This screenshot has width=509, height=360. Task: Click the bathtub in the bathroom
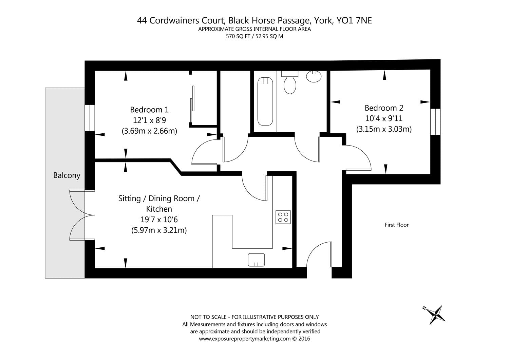tap(265, 101)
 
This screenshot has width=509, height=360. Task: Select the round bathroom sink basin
tap(314, 76)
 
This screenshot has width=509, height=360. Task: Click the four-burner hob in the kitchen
tap(283, 217)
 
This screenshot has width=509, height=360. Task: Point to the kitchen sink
tap(256, 260)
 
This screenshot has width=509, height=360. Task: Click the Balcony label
tap(67, 175)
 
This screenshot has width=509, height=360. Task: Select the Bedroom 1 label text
tap(149, 110)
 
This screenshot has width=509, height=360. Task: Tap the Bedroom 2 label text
tap(384, 108)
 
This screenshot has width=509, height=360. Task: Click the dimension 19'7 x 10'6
tap(159, 220)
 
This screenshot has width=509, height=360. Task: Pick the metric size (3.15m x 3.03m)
tap(384, 129)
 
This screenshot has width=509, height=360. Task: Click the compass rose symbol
tap(436, 314)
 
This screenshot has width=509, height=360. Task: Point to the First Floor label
tap(396, 225)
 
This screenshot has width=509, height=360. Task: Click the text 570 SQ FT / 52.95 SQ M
tap(254, 36)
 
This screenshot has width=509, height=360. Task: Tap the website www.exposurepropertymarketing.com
tap(244, 338)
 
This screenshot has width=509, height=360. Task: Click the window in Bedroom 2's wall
tap(435, 122)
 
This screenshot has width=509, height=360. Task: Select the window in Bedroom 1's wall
tap(90, 118)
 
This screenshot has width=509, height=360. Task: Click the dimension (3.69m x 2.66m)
tap(149, 131)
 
